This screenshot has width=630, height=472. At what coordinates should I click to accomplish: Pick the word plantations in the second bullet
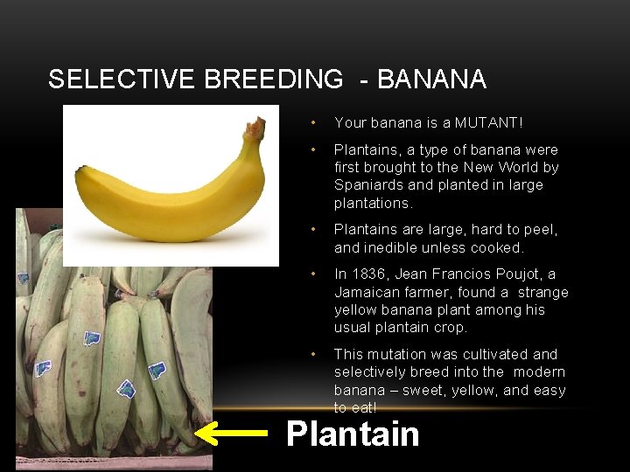(372, 203)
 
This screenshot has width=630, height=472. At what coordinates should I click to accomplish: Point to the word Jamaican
(367, 292)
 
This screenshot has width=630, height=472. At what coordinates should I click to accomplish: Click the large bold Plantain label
(353, 434)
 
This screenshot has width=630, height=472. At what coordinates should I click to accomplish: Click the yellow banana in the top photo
(166, 188)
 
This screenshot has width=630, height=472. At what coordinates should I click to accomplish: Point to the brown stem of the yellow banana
(255, 129)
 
